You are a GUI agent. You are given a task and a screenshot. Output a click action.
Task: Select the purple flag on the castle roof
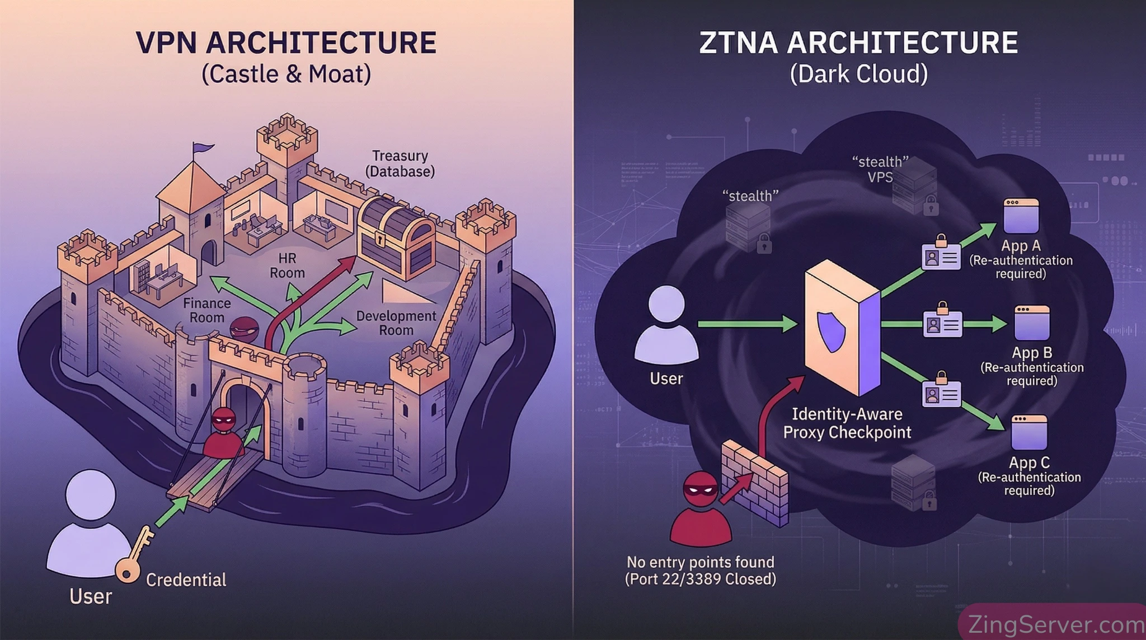[x=203, y=148]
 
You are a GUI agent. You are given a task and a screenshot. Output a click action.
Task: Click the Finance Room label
[x=206, y=310]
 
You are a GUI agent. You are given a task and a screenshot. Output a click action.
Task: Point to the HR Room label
[x=287, y=265]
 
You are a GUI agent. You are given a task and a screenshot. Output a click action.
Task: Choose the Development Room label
[x=396, y=323]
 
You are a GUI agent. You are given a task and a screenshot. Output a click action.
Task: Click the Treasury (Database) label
[x=400, y=163]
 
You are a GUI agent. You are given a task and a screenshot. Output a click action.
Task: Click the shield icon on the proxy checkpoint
[x=832, y=331]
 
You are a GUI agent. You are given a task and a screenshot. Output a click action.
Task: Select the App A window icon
[x=1021, y=216]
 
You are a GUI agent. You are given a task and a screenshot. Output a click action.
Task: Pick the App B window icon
[x=1032, y=323]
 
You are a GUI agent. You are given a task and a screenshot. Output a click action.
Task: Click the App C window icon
[x=1028, y=432]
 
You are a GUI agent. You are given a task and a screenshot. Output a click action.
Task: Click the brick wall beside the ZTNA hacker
[x=755, y=481]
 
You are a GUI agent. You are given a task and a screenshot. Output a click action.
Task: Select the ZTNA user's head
[x=666, y=304]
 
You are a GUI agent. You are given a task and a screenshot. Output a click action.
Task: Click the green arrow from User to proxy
[x=747, y=324]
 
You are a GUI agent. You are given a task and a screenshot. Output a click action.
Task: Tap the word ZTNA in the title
[x=738, y=43]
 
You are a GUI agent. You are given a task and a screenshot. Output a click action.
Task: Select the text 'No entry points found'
[x=700, y=562]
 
